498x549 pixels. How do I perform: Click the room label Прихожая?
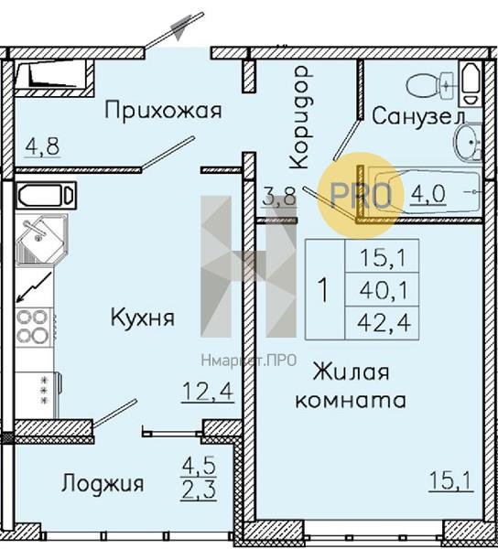pyautogui.click(x=163, y=111)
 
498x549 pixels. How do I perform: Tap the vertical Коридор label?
pyautogui.click(x=299, y=118)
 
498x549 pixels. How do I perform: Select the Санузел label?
pyautogui.click(x=418, y=116)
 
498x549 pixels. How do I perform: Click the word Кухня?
pyautogui.click(x=143, y=318)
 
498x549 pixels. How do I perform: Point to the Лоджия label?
pyautogui.click(x=103, y=484)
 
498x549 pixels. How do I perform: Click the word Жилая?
pyautogui.click(x=351, y=371)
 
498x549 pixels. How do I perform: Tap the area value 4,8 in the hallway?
pyautogui.click(x=43, y=146)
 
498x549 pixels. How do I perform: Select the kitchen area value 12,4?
pyautogui.click(x=208, y=392)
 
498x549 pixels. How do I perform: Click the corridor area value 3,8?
pyautogui.click(x=279, y=197)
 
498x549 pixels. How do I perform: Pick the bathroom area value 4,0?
pyautogui.click(x=428, y=194)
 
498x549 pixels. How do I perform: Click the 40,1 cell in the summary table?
pyautogui.click(x=384, y=290)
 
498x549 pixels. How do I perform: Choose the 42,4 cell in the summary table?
pyautogui.click(x=384, y=323)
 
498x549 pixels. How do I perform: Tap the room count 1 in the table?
pyautogui.click(x=324, y=289)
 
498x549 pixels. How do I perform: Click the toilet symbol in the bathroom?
pyautogui.click(x=430, y=85)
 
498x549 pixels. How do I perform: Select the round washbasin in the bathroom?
pyautogui.click(x=468, y=142)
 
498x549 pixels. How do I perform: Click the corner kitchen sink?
pyautogui.click(x=41, y=239)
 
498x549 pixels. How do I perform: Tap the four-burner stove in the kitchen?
pyautogui.click(x=33, y=327)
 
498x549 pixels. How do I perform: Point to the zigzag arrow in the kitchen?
pyautogui.click(x=34, y=286)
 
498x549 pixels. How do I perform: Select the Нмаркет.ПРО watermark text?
pyautogui.click(x=249, y=361)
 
